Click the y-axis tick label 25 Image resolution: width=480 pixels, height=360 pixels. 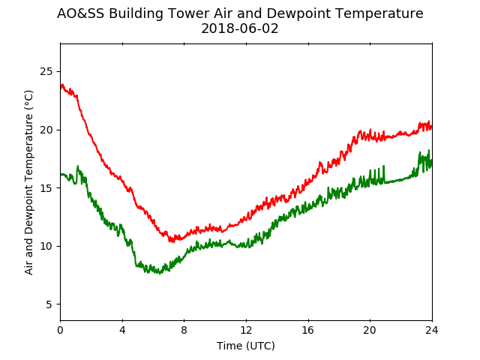46,72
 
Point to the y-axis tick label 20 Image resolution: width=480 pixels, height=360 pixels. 46,130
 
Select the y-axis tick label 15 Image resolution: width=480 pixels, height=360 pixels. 46,188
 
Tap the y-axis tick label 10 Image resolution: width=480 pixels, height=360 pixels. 46,246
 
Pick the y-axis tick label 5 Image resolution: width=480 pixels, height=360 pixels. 49,304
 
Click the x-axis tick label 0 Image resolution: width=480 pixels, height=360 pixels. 60,330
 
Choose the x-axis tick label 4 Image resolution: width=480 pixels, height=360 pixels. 122,330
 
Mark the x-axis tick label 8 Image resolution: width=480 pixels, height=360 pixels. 184,330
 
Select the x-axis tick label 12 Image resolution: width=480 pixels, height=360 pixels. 246,330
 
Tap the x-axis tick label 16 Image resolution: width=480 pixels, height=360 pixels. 308,330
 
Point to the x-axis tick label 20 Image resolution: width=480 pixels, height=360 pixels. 370,330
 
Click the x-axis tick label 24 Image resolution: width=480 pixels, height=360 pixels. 432,330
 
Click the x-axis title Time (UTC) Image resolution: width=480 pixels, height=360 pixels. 246,346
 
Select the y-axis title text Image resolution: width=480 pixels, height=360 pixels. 28,182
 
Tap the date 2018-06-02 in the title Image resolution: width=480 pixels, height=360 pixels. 240,28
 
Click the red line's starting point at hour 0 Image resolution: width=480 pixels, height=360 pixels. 61,87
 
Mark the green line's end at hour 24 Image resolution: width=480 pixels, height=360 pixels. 432,163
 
